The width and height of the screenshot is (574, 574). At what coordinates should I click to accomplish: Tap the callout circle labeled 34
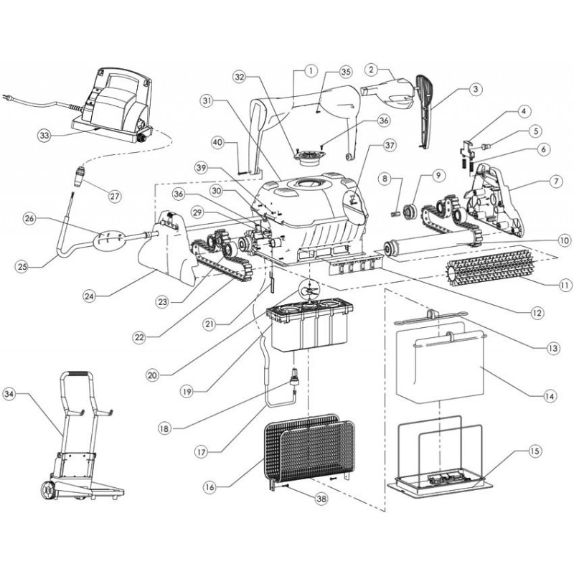pyautogui.click(x=28, y=394)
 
